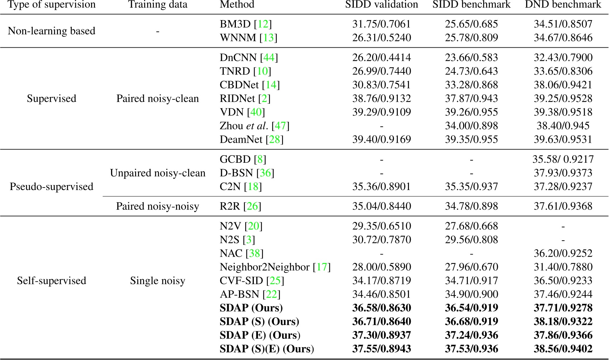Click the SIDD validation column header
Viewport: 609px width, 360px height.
coord(381,5)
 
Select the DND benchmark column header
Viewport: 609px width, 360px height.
coord(563,5)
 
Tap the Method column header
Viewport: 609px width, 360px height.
coord(237,5)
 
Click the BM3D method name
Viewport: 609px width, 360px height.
coord(235,24)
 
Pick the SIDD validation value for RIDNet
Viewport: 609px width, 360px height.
coord(381,99)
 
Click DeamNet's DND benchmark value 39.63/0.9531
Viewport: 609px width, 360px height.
coord(563,139)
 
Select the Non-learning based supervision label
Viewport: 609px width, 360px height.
coord(52,31)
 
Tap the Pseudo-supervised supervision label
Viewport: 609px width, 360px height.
coord(52,187)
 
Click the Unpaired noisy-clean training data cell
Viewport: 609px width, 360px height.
coord(158,173)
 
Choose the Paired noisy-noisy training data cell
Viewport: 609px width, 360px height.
coord(158,207)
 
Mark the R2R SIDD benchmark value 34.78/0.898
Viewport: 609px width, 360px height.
coord(471,207)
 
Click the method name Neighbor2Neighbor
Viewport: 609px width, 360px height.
coord(265,267)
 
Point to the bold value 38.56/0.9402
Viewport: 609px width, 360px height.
coord(563,349)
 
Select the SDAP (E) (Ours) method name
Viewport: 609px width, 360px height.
coord(260,335)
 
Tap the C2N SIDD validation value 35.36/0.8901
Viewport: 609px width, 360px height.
coord(381,187)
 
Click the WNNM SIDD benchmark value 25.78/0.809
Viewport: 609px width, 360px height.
coord(471,38)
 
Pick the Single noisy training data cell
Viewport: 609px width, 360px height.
coord(158,281)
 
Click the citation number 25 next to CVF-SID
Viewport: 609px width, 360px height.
coord(275,281)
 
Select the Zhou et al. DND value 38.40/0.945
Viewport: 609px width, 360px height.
coord(563,126)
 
